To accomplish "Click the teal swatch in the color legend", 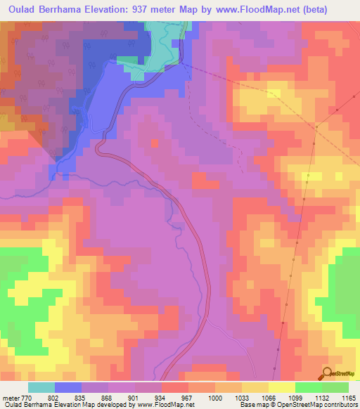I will [x=41, y=387].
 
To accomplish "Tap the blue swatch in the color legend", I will [x=68, y=387].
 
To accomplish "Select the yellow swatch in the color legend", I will [x=282, y=387].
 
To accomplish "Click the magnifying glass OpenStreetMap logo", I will [x=328, y=373].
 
